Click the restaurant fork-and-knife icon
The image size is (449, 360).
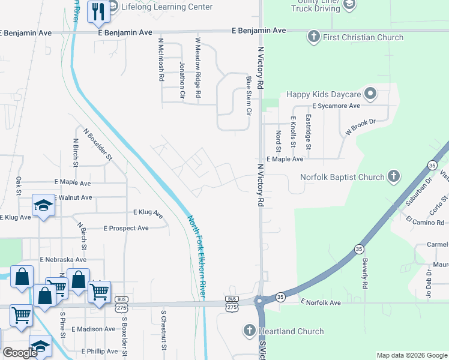click(97, 11)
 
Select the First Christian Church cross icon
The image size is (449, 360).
click(313, 37)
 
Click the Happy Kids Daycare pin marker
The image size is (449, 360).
click(370, 94)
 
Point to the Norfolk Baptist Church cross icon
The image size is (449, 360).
click(393, 177)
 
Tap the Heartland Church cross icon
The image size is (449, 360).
click(250, 331)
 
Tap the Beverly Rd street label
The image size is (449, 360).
click(364, 273)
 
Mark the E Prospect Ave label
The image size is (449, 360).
click(126, 228)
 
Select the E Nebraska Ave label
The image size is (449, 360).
click(63, 259)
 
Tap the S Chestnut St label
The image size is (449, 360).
click(163, 330)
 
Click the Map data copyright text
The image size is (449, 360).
click(411, 355)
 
